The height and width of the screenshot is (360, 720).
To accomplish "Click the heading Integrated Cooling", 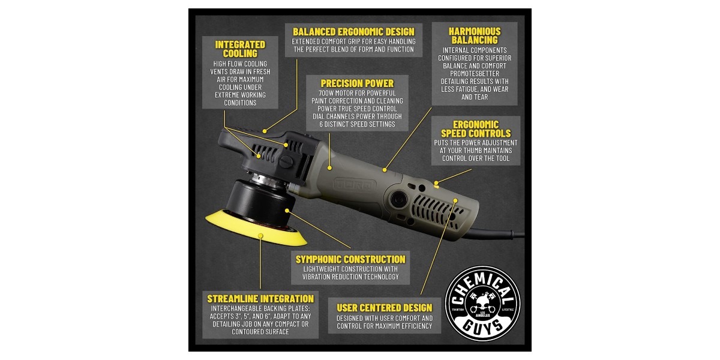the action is point(240,49).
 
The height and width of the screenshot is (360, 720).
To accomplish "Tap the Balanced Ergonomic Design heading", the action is point(353,32).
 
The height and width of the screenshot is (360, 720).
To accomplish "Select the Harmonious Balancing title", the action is point(475,35).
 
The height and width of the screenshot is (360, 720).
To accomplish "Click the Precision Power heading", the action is point(357,83).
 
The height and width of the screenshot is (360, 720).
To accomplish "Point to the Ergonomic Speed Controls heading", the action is point(476,129).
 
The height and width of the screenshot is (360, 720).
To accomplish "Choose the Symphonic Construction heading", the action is point(350,259).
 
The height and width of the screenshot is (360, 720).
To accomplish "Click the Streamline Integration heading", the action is point(260,299).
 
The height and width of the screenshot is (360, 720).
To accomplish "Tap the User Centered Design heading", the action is point(385,308).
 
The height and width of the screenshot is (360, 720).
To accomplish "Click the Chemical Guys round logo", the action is point(483,303).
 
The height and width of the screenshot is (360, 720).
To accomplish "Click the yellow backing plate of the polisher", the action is point(256,228).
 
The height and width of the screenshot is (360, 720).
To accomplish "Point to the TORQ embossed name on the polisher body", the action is point(354,185).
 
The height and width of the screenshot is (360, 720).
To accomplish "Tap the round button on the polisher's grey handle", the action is point(399,199).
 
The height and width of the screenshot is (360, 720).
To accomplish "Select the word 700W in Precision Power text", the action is point(326,93).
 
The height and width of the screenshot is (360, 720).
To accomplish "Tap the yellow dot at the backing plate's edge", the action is point(260,236).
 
